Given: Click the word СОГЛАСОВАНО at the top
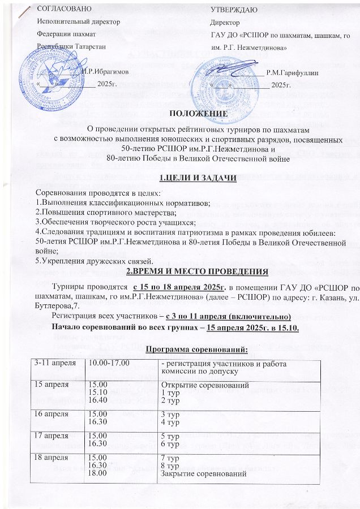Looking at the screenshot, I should [x=59, y=10].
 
